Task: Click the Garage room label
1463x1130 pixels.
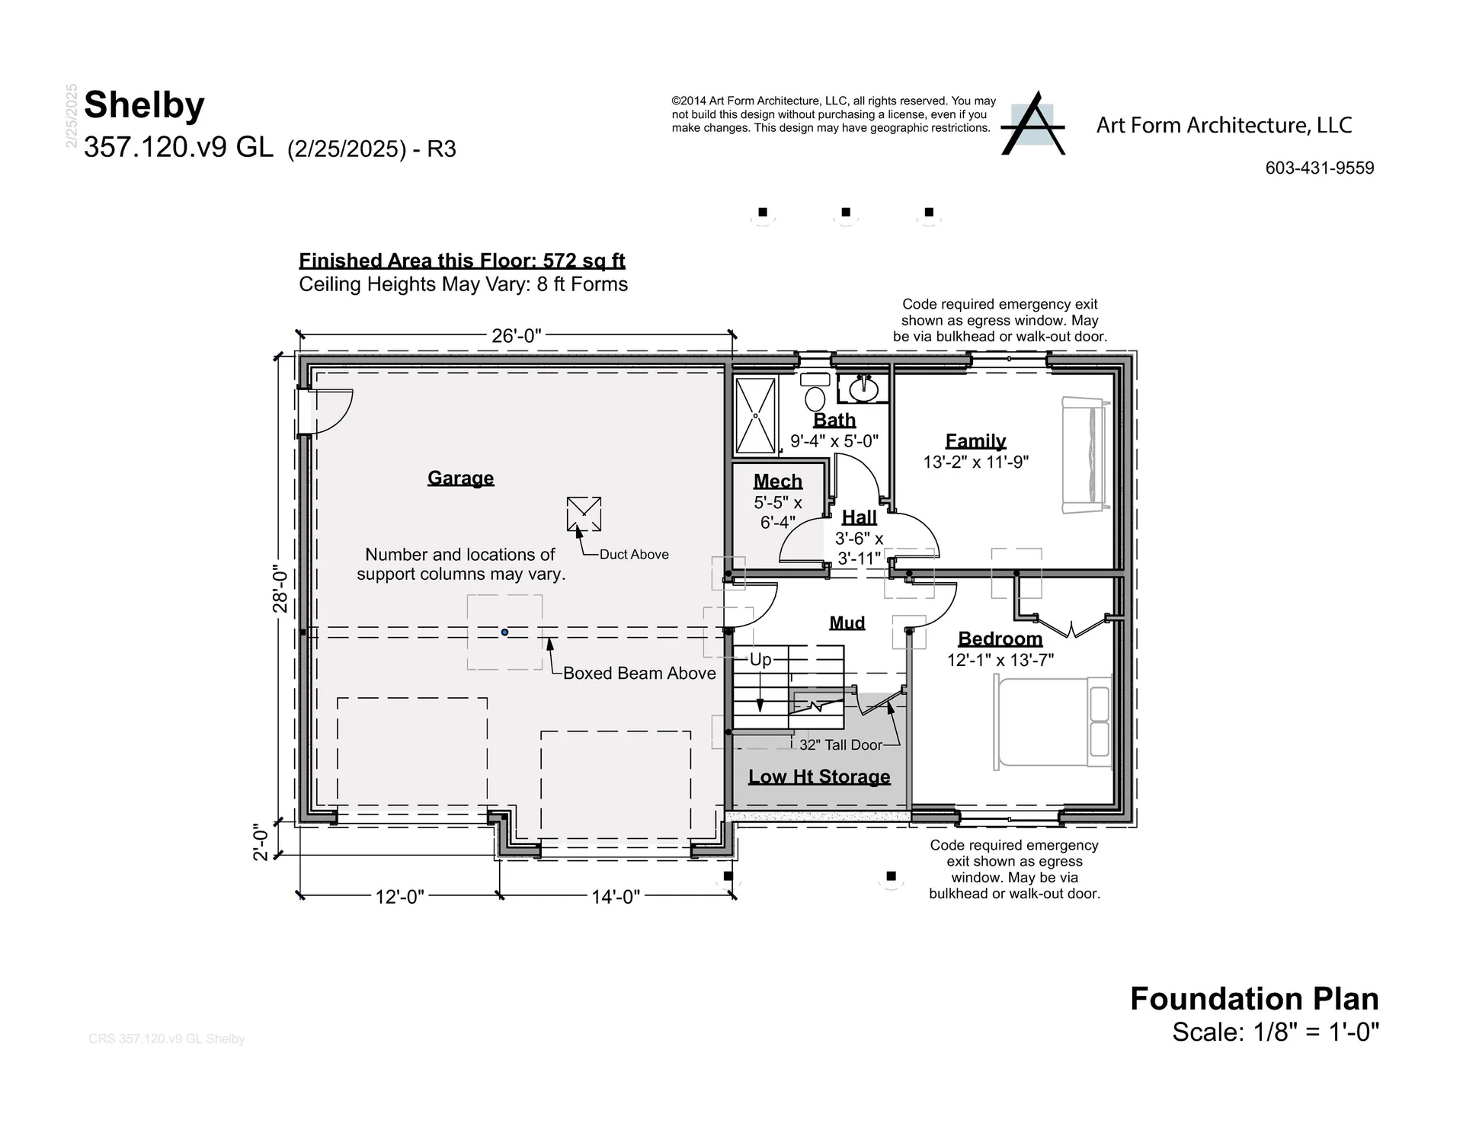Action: point(460,478)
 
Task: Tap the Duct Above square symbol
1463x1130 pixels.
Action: point(584,514)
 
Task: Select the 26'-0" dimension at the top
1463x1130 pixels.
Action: point(516,335)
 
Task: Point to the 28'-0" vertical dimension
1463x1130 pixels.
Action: point(280,591)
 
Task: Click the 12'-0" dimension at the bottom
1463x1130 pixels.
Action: point(399,897)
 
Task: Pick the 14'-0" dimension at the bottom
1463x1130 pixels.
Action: point(616,897)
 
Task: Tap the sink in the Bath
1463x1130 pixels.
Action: point(863,389)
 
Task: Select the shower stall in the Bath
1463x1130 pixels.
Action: point(756,416)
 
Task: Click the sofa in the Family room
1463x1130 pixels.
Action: point(1084,456)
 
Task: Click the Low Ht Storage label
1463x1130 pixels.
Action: point(819,776)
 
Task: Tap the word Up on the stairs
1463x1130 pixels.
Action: point(760,659)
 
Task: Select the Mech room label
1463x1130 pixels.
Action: point(778,482)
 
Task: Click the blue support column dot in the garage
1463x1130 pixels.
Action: point(504,632)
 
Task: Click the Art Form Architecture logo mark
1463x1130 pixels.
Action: point(1032,125)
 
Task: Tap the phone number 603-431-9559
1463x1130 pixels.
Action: point(1319,168)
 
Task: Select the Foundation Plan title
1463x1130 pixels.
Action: point(1253,999)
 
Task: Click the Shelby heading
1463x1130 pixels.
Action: point(145,105)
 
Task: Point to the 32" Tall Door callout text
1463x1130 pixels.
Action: point(840,745)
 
